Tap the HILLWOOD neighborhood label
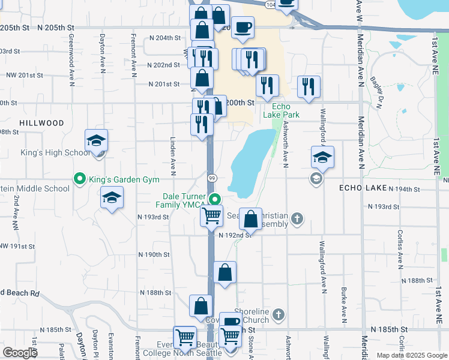click(x=41, y=123)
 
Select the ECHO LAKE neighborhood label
click(x=364, y=188)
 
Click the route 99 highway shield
click(x=212, y=178)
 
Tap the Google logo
click(x=20, y=352)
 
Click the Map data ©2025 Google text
click(x=411, y=355)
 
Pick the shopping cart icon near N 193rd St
click(x=212, y=216)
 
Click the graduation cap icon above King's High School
click(x=96, y=141)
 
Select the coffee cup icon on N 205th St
click(x=243, y=28)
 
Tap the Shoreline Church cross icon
click(x=277, y=314)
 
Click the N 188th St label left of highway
click(x=155, y=293)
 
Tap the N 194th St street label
click(x=403, y=188)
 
